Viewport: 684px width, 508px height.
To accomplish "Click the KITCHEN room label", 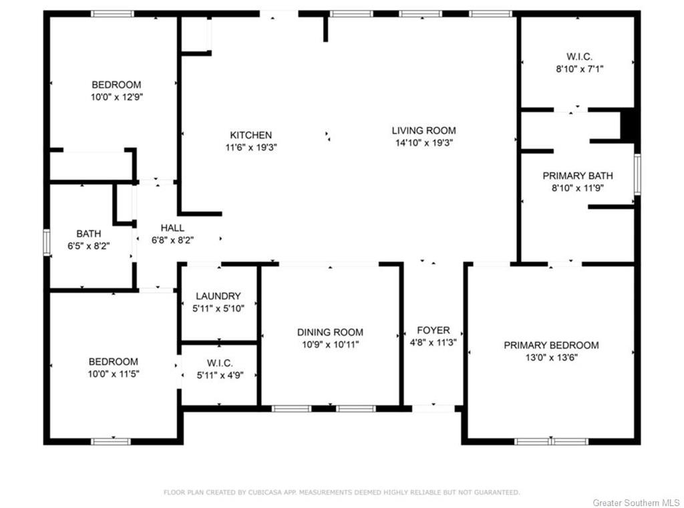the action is (x=251, y=135).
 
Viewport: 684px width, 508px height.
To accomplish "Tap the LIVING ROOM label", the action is (x=423, y=130).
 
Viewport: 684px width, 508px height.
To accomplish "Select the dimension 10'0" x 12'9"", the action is (x=116, y=97).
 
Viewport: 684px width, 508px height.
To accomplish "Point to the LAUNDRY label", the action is (x=218, y=296).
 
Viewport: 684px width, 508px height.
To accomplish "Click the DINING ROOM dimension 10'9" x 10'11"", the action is (x=330, y=344).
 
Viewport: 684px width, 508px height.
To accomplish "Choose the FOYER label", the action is (x=433, y=330).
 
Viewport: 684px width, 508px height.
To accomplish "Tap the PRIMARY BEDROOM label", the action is (x=551, y=345).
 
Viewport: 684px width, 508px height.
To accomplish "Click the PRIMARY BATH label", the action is (x=578, y=176).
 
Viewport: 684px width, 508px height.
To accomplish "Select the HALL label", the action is (x=172, y=228).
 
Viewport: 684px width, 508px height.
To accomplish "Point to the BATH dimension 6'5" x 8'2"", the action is (x=89, y=246).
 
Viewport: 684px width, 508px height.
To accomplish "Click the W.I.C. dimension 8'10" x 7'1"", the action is (x=579, y=69).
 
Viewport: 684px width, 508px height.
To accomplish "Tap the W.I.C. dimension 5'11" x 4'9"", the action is (x=220, y=375).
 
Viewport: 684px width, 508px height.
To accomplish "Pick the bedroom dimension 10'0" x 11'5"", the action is (x=114, y=374).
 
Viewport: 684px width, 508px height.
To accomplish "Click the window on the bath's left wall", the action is (x=47, y=242).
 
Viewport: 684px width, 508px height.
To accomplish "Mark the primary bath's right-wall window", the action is (x=637, y=174).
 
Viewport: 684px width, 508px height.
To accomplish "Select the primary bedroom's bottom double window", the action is (x=551, y=441).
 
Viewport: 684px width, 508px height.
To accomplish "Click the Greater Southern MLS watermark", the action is (x=637, y=503).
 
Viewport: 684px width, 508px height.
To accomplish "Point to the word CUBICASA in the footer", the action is (x=263, y=492).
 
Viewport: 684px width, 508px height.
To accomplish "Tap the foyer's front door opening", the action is (x=433, y=409).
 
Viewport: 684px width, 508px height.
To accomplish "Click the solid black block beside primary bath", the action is (x=627, y=125).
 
